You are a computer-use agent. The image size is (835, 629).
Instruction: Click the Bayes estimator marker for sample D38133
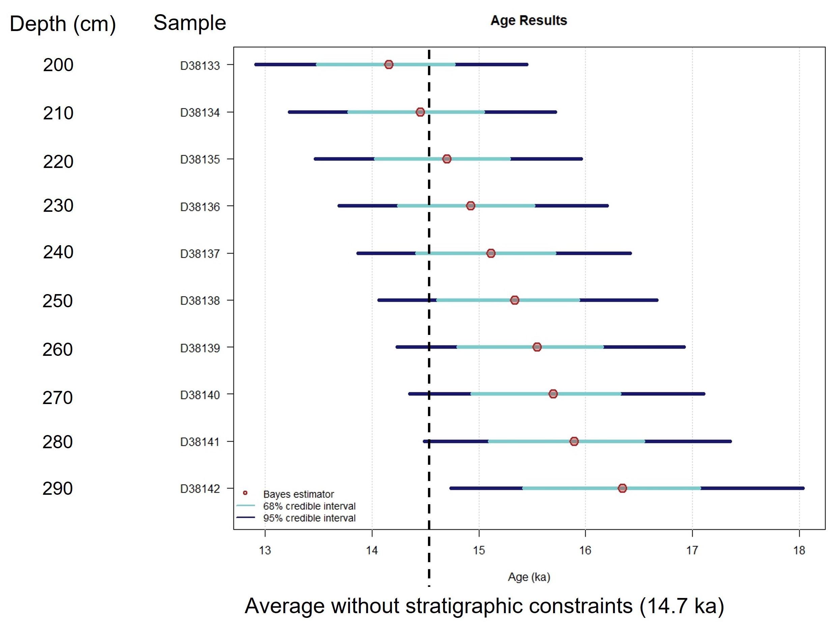click(x=388, y=64)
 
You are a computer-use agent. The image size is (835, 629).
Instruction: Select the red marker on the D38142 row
click(x=622, y=488)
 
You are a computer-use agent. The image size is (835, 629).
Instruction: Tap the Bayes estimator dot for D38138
click(x=515, y=300)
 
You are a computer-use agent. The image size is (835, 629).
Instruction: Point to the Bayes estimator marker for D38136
click(x=470, y=206)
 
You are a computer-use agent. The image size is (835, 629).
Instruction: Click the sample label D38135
click(x=200, y=160)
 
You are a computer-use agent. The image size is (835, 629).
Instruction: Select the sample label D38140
click(x=200, y=395)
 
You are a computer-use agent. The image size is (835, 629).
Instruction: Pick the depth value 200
click(x=58, y=65)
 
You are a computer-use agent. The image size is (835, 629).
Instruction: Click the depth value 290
click(x=57, y=489)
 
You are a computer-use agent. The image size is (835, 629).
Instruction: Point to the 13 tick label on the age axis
click(x=265, y=550)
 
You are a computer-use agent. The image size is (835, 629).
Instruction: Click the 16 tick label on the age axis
click(x=585, y=550)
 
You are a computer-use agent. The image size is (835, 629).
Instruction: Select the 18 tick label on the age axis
click(x=799, y=550)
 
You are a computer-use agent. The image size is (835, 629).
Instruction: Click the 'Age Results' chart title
click(x=528, y=20)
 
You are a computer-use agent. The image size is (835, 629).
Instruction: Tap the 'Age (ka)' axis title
click(x=529, y=577)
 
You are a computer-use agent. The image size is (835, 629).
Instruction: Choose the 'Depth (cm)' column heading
click(x=63, y=24)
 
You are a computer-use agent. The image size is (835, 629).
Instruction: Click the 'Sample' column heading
click(x=190, y=23)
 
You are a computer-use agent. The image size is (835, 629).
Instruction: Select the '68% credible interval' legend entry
click(x=309, y=506)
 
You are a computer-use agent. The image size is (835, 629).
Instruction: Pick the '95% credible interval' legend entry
click(x=309, y=518)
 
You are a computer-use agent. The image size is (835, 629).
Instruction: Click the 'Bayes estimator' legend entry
click(x=298, y=494)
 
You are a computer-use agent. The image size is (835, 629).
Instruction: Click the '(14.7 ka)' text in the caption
click(x=682, y=606)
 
